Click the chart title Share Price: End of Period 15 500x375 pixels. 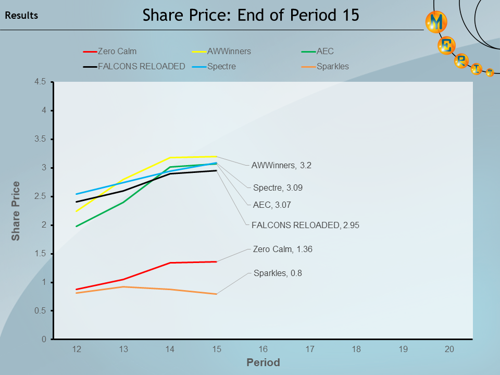(x=251, y=15)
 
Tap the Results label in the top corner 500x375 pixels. (x=21, y=16)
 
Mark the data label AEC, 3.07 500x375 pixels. (x=272, y=205)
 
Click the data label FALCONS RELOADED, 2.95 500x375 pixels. (x=305, y=225)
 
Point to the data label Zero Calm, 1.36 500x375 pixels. (x=282, y=249)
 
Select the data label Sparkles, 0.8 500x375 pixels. (x=278, y=272)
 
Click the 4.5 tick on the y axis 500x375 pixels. (x=41, y=82)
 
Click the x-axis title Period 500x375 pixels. (x=263, y=362)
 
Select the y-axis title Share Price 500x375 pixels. (x=16, y=210)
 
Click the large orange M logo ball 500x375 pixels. (x=436, y=22)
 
